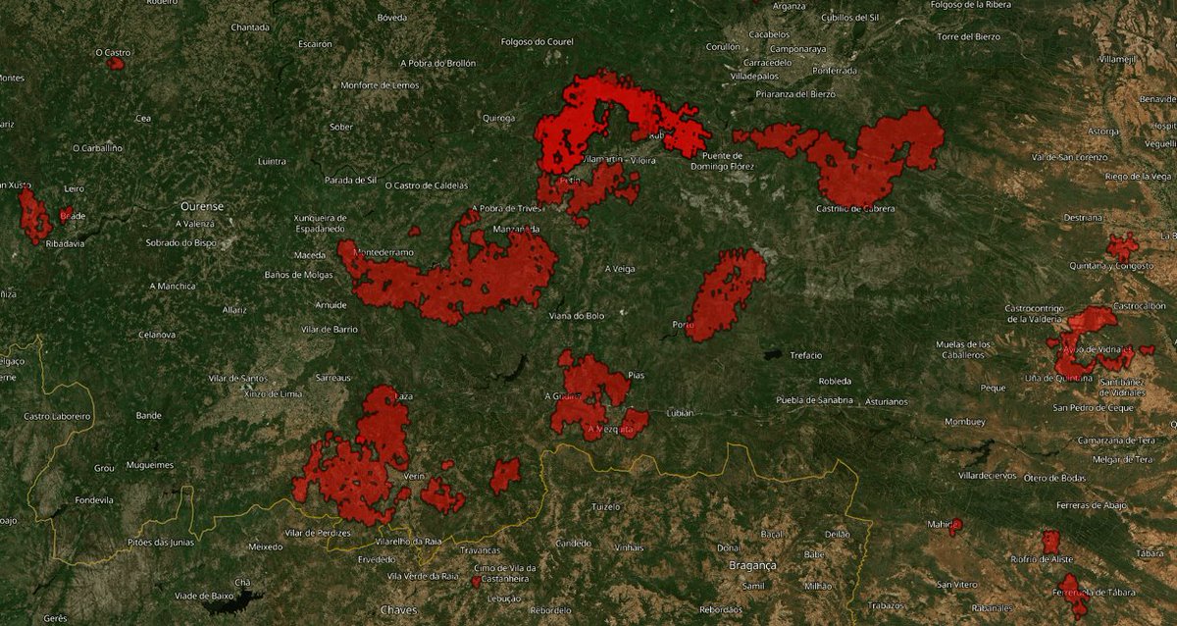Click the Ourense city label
coord(202,206)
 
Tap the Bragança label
coord(752,566)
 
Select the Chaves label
coord(398,610)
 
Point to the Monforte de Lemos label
coord(380,85)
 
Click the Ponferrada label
coord(834,71)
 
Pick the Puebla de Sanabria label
coord(814,400)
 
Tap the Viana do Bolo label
coord(577,316)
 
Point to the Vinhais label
coord(628,548)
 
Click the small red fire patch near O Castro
coord(116,64)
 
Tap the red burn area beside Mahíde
coord(954,526)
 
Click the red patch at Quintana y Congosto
coord(1122,246)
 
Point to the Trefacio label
coord(806,355)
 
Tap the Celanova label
coord(156,335)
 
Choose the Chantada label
coord(249,27)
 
